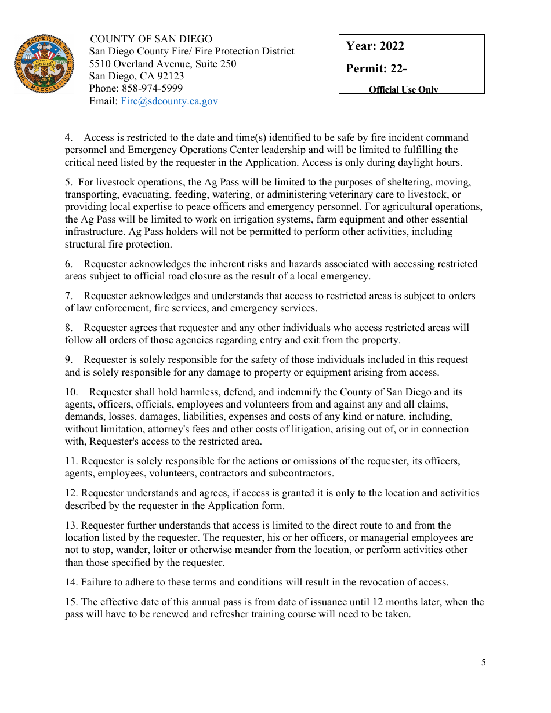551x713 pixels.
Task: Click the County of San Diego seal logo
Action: pos(43,63)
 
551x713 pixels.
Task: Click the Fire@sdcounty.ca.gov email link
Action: pos(169,101)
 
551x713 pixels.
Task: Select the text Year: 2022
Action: pos(375,46)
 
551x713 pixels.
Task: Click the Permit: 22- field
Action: pos(376,68)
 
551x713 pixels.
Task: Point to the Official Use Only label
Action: pos(403,89)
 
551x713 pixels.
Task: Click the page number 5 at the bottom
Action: pos(483,663)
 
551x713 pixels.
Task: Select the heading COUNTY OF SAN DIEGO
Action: pos(151,39)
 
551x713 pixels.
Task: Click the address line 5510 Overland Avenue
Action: pos(162,64)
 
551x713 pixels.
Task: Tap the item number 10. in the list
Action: pos(71,392)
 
